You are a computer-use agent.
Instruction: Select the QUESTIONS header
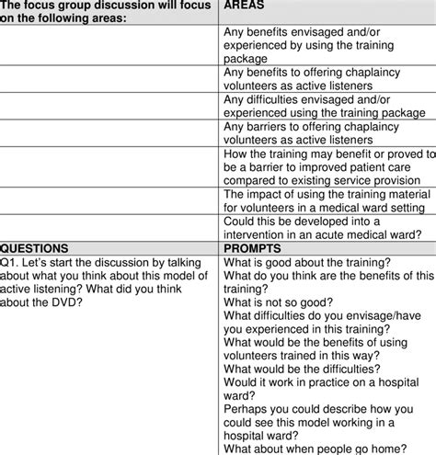point(37,248)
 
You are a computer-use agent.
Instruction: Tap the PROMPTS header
point(254,248)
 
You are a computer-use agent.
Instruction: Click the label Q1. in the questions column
point(12,262)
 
